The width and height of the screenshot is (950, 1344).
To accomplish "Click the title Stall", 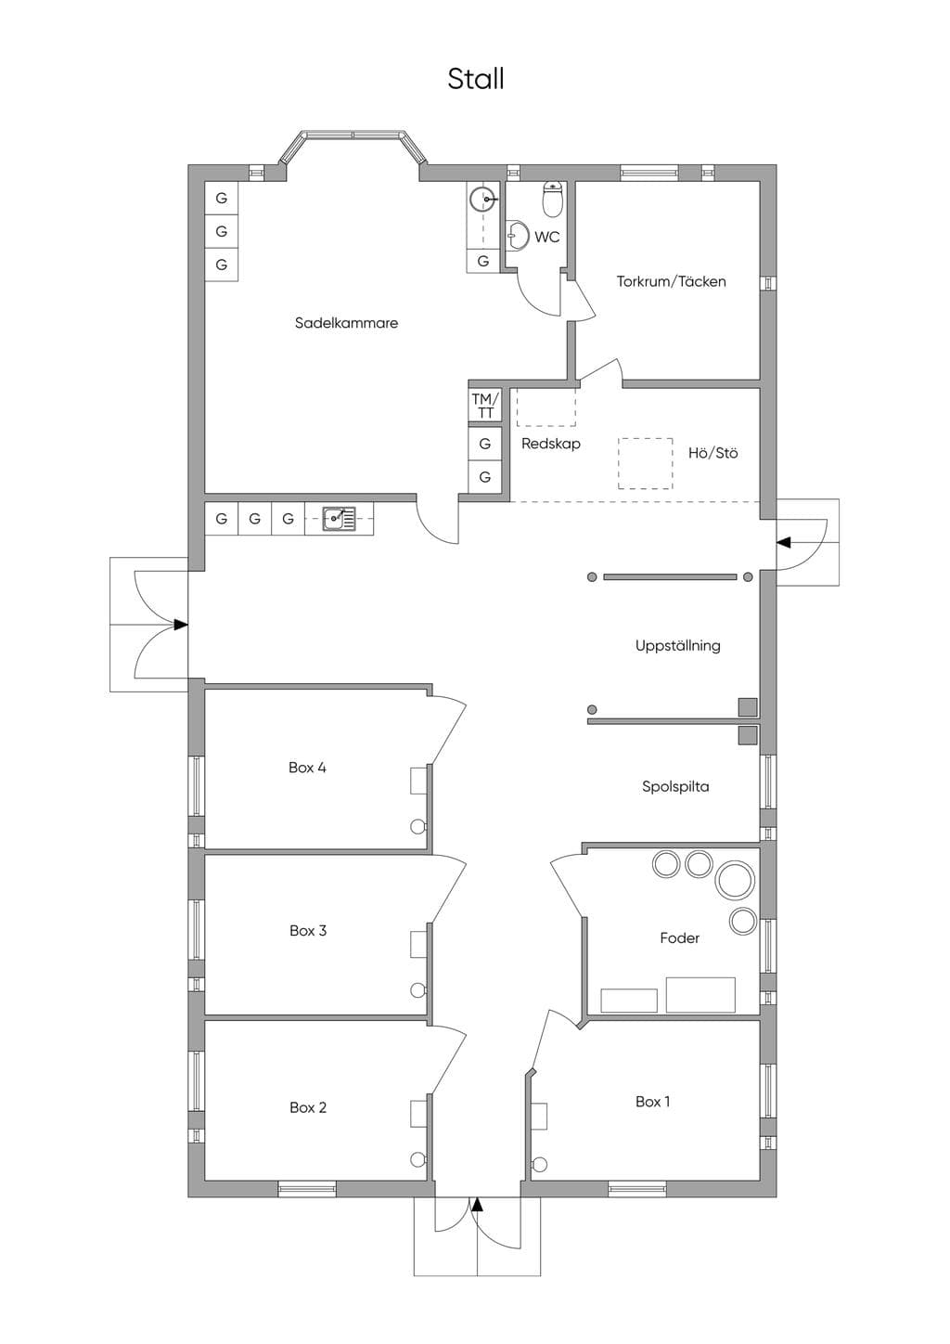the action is [x=476, y=79].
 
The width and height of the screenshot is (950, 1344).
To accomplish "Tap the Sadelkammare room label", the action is [x=346, y=323].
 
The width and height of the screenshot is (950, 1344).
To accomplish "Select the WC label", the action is [x=547, y=237].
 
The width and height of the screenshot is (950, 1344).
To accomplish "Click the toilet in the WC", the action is [x=552, y=199].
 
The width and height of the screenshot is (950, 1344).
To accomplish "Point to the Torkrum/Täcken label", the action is [x=671, y=281].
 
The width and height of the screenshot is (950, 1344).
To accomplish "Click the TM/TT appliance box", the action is [x=485, y=405].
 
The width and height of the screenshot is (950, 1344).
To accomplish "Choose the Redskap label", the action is [x=550, y=444].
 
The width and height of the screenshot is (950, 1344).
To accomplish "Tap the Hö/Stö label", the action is [x=712, y=453].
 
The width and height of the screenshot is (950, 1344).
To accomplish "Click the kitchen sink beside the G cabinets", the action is [x=339, y=519].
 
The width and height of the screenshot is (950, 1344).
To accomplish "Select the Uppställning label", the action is [x=678, y=646].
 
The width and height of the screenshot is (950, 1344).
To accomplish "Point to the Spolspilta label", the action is [x=675, y=786].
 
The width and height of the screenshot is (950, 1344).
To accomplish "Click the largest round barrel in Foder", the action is [x=735, y=880].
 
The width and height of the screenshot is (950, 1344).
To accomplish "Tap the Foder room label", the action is [x=679, y=937].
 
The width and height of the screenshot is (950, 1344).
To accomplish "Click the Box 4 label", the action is [x=307, y=768].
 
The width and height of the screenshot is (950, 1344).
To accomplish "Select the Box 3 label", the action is [x=308, y=931].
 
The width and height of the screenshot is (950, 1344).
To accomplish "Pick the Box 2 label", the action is [x=308, y=1107].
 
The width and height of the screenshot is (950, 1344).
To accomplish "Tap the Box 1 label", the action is [x=652, y=1102].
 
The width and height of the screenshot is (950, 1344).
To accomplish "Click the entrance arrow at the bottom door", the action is [x=477, y=1204].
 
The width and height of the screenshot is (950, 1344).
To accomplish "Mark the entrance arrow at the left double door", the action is [x=181, y=625].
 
